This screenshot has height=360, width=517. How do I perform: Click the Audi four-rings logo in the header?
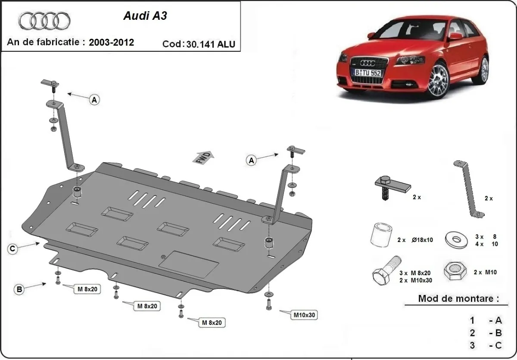coord(44,20)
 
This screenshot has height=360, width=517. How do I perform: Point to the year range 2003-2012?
coord(111,42)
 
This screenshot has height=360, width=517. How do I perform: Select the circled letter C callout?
coord(13,248)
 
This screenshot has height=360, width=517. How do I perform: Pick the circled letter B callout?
coord(19,290)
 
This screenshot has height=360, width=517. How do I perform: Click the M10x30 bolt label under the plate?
coord(304,315)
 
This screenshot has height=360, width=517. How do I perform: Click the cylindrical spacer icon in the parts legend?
coord(380,236)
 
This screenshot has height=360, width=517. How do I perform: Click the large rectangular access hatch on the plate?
coord(190,264)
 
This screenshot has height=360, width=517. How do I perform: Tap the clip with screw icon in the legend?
coord(391,186)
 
